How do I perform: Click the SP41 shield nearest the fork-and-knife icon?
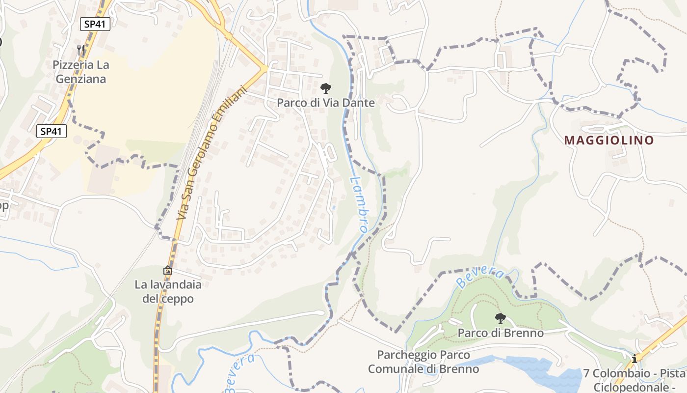tap(95, 24)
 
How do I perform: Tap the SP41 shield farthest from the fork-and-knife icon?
tap(52, 131)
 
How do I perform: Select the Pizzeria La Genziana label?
tap(81, 72)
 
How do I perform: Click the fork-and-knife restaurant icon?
tap(81, 50)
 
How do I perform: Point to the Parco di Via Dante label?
tap(326, 103)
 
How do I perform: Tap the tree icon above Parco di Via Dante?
tap(325, 88)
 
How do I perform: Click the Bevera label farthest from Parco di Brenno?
tap(241, 373)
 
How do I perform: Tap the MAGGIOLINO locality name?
tap(609, 140)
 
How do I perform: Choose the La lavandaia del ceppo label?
tap(168, 291)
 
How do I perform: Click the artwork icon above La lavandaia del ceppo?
tap(168, 270)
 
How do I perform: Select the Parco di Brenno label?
tap(501, 333)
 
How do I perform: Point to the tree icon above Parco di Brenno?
tap(500, 318)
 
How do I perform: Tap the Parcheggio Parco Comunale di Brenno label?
tap(423, 362)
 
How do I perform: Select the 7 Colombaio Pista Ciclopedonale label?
tap(635, 379)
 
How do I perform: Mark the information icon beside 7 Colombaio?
tap(634, 359)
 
